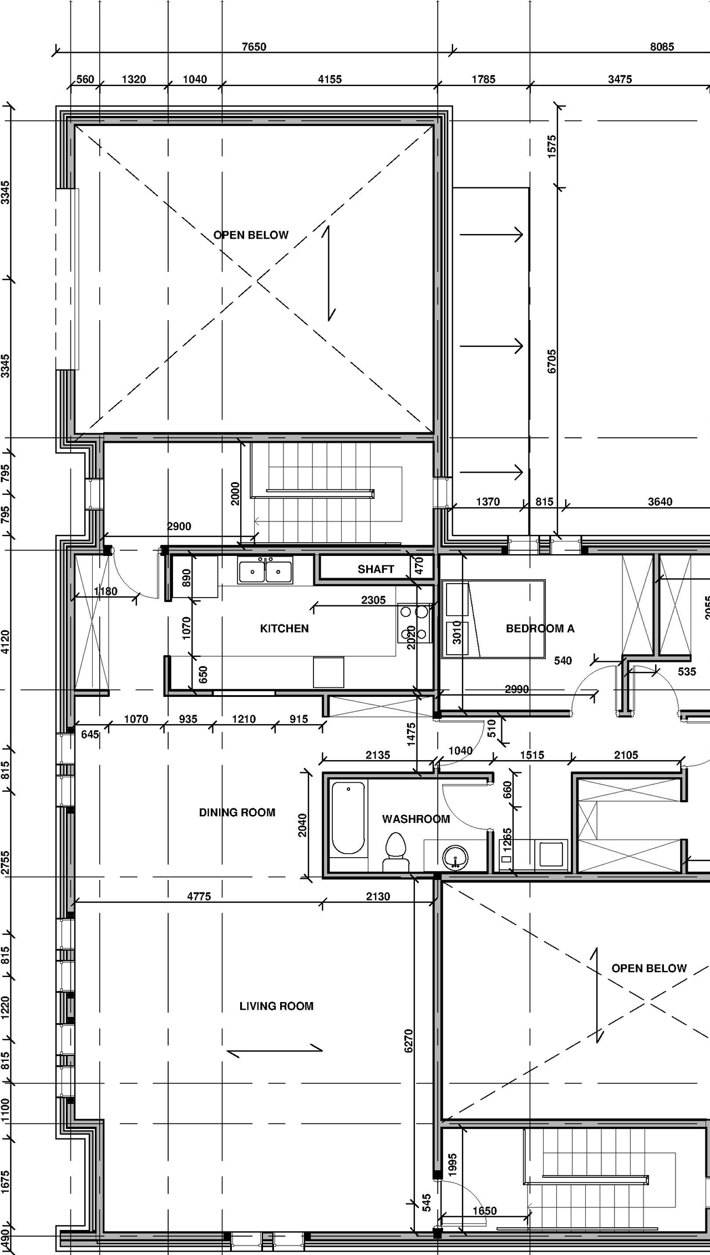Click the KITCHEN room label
point(284,629)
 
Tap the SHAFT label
point(376,569)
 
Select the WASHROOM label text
point(415,819)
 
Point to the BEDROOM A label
point(540,629)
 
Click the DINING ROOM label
point(237,813)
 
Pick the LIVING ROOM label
point(276,1006)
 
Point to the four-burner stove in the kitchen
point(414,623)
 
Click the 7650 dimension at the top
point(253,47)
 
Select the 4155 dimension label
point(329,79)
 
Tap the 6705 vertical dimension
point(551,361)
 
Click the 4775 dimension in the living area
point(199,896)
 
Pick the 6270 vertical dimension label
point(409,1041)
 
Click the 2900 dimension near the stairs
point(179,527)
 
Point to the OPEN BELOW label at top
point(251,235)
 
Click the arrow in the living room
point(275,1050)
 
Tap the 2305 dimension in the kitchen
point(373,600)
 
